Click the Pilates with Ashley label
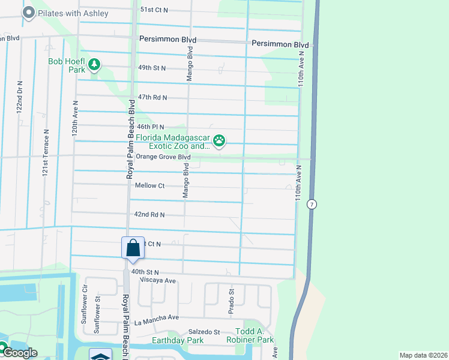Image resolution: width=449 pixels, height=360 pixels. [x=73, y=13]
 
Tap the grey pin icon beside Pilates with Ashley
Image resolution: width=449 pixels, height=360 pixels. [x=28, y=13]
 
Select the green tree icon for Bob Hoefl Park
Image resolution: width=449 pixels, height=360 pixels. [x=94, y=64]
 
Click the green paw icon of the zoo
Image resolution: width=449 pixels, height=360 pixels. [x=220, y=142]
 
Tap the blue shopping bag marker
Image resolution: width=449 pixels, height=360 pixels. [x=133, y=248]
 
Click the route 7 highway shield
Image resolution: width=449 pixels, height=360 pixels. [x=311, y=204]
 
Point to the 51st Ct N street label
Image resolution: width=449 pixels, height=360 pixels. [x=154, y=10]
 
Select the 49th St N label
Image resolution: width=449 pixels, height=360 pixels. [x=151, y=68]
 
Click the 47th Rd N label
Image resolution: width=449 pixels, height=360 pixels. [x=152, y=97]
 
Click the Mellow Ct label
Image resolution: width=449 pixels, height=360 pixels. [x=149, y=186]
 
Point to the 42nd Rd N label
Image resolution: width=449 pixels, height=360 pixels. [x=149, y=214]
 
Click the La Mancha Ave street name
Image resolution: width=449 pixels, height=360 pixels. [x=157, y=317]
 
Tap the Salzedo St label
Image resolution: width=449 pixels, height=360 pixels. [x=204, y=332]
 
